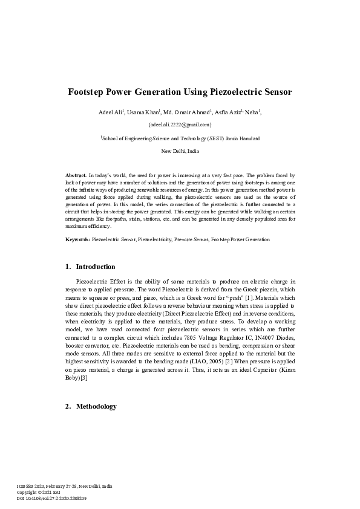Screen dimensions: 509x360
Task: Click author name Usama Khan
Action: coord(145,112)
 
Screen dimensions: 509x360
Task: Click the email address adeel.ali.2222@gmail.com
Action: coord(180,125)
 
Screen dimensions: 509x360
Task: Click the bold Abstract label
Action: coord(76,174)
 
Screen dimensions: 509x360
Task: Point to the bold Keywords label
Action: coord(77,240)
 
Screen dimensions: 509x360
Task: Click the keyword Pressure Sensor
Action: coord(191,240)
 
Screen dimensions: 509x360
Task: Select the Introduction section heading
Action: coord(95,267)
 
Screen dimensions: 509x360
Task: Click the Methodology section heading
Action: coord(96,406)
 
